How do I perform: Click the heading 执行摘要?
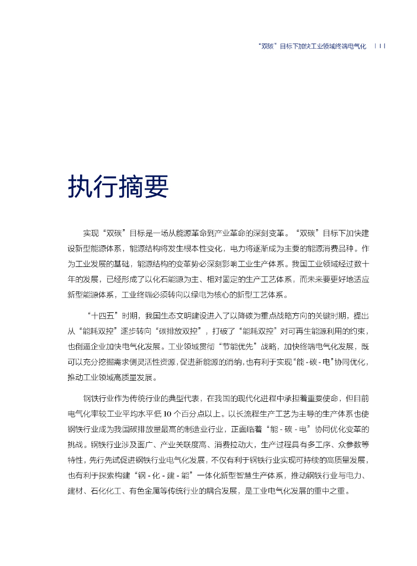[118, 187]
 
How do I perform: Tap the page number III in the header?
[380, 46]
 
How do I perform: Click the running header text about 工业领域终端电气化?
[312, 46]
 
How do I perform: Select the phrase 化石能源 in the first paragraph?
[172, 279]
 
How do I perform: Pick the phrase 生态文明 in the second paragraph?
[179, 316]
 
